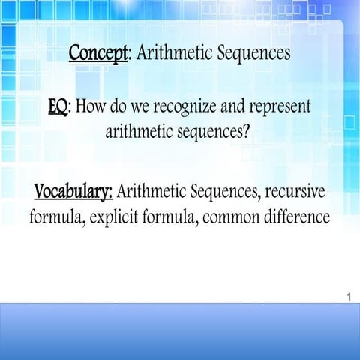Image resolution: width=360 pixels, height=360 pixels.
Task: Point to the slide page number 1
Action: tap(349, 298)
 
